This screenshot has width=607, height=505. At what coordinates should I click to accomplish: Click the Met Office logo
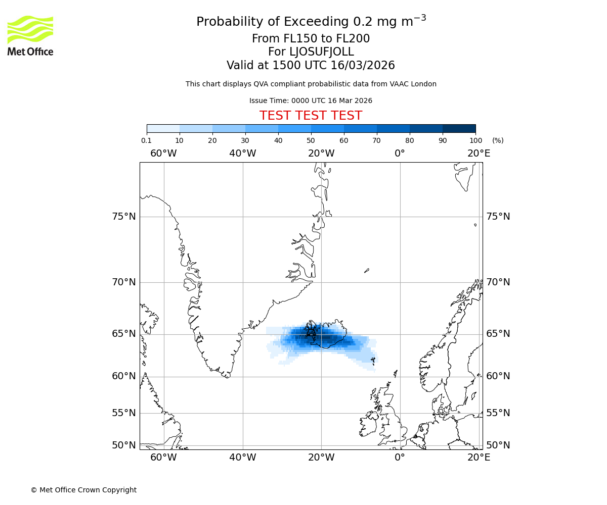click(30, 35)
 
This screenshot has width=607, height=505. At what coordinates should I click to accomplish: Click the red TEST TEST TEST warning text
click(311, 116)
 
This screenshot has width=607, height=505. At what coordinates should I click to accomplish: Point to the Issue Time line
click(311, 101)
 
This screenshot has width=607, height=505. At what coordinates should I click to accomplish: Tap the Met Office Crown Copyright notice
click(83, 490)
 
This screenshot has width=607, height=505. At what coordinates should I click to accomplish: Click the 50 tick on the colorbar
click(311, 140)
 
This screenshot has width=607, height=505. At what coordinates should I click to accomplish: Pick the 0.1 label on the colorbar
click(146, 140)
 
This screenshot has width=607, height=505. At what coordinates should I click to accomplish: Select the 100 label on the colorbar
click(475, 140)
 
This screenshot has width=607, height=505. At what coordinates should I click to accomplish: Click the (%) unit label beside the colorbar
click(498, 140)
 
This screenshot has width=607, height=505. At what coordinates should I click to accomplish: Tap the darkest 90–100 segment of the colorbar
click(459, 128)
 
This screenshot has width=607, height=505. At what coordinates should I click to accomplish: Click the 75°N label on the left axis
click(124, 217)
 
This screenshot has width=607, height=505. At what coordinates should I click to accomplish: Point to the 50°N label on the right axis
click(498, 445)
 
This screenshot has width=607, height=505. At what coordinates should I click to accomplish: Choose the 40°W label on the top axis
click(242, 153)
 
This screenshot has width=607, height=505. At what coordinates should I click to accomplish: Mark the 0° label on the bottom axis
click(400, 458)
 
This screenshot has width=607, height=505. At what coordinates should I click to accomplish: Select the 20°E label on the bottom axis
click(479, 458)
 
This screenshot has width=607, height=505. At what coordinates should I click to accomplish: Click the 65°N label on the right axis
click(498, 334)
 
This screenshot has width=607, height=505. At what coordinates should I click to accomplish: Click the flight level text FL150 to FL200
click(311, 39)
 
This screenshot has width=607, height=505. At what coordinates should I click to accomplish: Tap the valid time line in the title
click(311, 66)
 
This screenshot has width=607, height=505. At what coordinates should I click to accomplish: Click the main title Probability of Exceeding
click(311, 22)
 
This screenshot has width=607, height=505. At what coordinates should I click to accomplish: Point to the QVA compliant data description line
click(311, 84)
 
